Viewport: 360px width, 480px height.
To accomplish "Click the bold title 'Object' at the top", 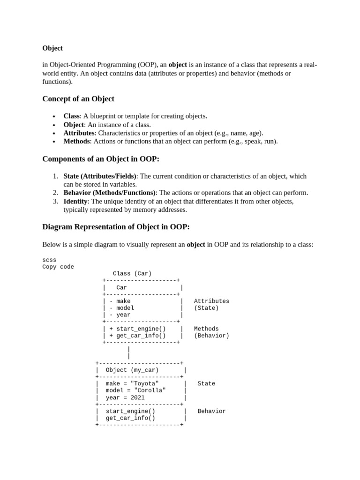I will (x=52, y=48).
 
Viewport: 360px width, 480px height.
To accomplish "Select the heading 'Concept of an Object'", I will (x=78, y=99).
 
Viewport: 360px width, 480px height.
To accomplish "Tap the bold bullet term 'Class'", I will (x=72, y=116).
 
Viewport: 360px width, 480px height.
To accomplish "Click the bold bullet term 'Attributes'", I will (x=79, y=133).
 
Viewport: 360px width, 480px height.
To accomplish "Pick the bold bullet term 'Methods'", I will (x=77, y=141).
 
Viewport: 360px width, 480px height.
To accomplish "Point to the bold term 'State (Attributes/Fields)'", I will (x=100, y=176).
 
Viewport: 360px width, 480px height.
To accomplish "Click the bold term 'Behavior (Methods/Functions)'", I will (x=110, y=193).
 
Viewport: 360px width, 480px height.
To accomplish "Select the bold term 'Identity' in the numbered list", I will (x=75, y=201).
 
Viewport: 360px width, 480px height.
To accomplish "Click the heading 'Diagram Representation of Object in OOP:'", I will (x=116, y=227).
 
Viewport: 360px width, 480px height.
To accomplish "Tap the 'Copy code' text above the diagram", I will (x=58, y=267).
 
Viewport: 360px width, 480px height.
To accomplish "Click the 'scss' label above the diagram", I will (x=49, y=260).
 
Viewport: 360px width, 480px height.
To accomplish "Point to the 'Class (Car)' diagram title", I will (x=132, y=274).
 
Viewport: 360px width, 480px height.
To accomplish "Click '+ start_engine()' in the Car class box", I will (x=137, y=329).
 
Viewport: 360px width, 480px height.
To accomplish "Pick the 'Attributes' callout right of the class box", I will (x=211, y=301).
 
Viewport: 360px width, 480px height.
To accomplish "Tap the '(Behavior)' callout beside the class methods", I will (x=211, y=336).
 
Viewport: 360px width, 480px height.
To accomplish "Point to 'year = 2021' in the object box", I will (x=125, y=397).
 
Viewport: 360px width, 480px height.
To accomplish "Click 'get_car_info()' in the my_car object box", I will (x=130, y=418).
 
